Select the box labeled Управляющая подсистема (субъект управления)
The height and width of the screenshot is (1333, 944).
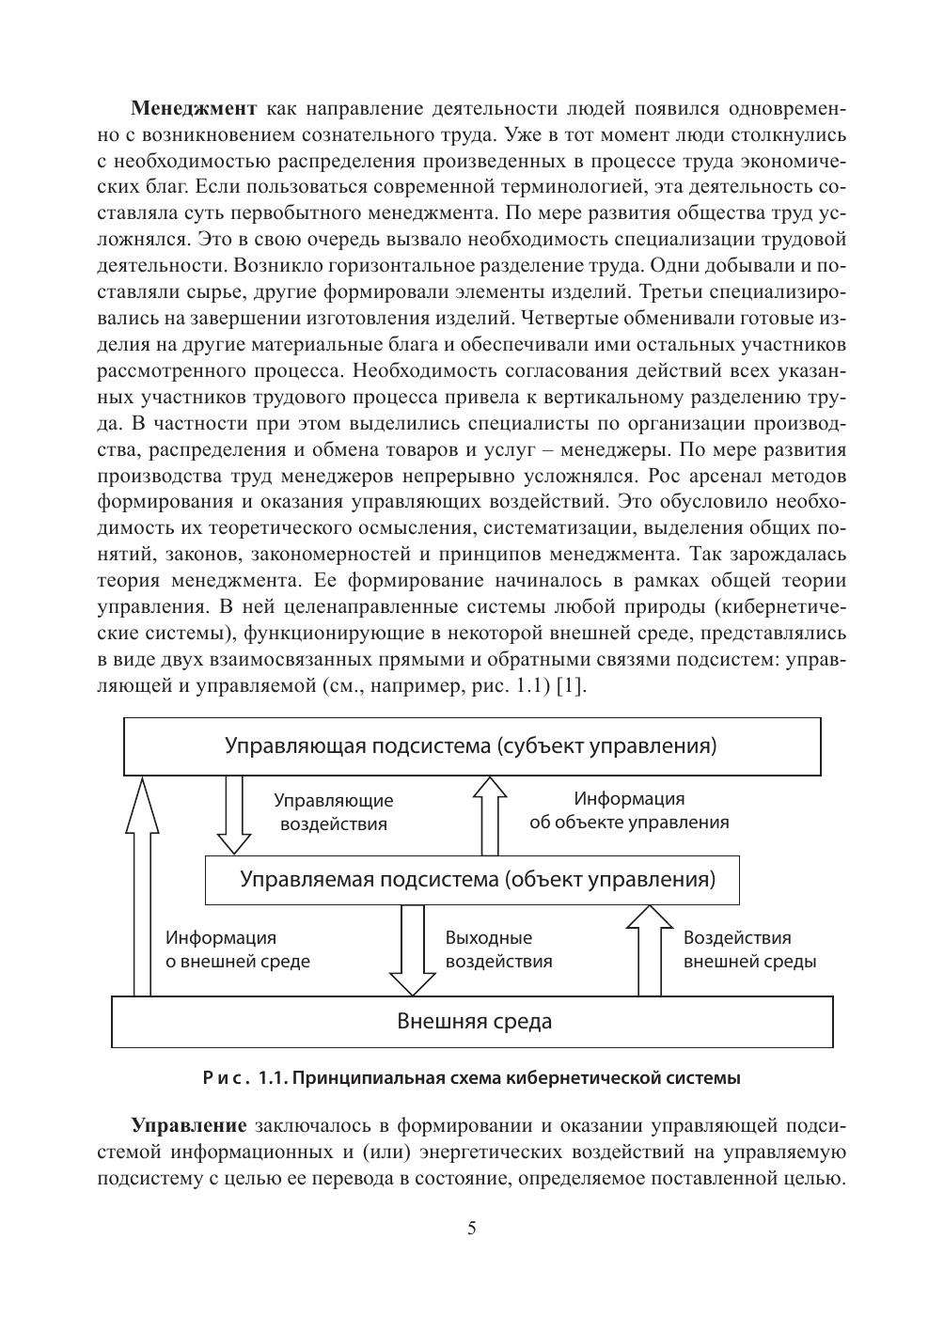[x=471, y=746]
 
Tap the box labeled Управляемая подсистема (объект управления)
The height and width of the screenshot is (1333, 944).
[x=471, y=880]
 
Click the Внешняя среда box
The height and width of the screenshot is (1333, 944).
[x=473, y=1021]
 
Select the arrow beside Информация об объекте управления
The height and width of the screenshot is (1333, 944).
[x=489, y=814]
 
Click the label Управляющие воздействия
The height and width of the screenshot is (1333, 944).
[x=333, y=812]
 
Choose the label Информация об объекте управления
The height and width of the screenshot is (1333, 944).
[x=629, y=810]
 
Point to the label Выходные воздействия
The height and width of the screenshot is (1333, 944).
[x=498, y=949]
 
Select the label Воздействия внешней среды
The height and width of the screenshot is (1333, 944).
[x=748, y=949]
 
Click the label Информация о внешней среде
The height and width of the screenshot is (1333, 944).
[x=237, y=949]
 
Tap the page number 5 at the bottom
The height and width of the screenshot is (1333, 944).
[x=472, y=1229]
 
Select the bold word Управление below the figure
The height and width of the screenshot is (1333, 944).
[x=189, y=1125]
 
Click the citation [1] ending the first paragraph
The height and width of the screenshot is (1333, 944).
[x=571, y=685]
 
